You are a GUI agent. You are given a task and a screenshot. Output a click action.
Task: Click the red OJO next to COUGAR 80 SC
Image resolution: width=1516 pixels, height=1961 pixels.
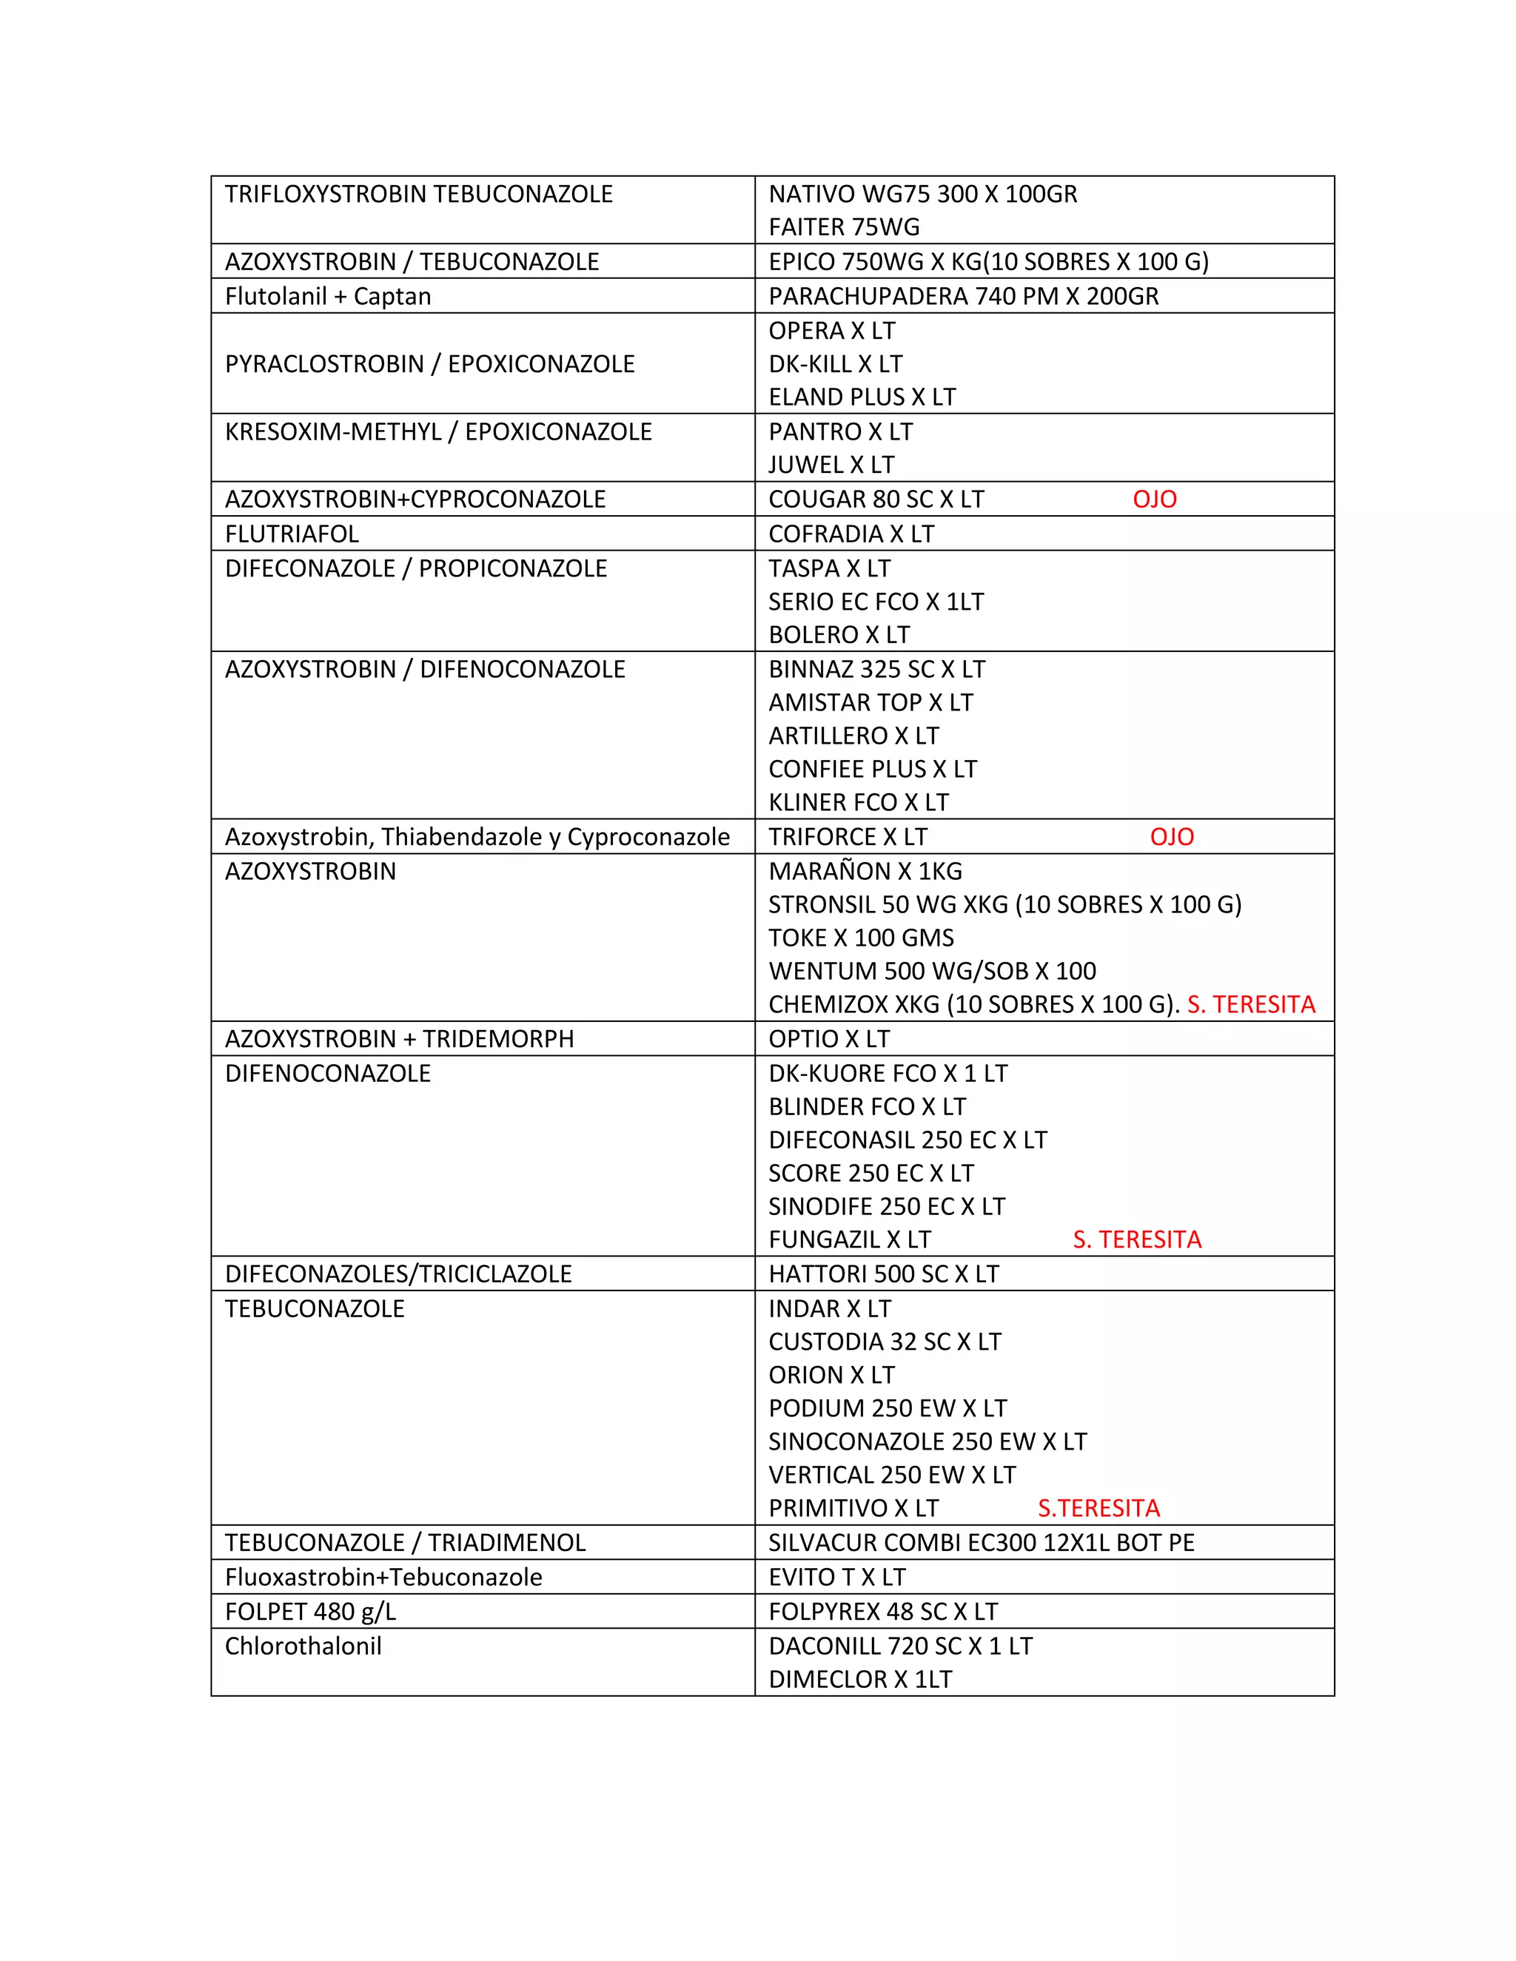click(1154, 499)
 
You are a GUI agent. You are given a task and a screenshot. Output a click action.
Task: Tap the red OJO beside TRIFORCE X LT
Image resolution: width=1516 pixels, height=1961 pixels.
click(1171, 837)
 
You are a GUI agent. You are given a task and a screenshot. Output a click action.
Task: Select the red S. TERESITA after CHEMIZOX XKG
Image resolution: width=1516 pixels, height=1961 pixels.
click(1250, 1005)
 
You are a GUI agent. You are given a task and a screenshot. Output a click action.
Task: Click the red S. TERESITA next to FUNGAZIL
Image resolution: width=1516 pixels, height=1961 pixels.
click(1136, 1240)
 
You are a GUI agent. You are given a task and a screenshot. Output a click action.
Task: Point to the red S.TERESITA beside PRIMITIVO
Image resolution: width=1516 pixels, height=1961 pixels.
click(1099, 1508)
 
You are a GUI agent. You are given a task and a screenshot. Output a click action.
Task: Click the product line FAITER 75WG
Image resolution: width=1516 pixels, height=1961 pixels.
click(843, 227)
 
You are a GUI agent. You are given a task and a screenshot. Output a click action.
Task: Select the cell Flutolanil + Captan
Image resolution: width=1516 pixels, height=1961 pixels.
click(328, 296)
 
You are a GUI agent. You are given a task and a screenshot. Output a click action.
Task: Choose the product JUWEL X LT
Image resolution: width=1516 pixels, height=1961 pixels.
click(831, 465)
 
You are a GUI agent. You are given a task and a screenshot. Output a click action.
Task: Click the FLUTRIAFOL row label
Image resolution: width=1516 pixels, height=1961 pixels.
click(292, 534)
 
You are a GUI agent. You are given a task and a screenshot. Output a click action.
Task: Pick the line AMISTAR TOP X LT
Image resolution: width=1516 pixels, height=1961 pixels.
click(871, 703)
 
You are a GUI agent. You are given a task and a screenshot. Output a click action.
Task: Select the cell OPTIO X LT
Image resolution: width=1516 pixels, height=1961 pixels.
click(828, 1040)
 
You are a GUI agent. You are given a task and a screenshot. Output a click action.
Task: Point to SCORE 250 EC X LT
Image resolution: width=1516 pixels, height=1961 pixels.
click(871, 1174)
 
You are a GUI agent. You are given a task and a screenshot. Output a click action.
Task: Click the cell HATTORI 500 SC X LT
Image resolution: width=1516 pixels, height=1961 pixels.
click(883, 1274)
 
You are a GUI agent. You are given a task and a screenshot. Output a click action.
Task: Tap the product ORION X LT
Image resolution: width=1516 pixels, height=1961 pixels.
click(831, 1376)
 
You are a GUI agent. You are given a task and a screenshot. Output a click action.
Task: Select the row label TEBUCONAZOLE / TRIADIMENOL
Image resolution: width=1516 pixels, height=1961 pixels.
click(405, 1544)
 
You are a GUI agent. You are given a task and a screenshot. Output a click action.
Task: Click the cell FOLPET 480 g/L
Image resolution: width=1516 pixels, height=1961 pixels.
click(310, 1612)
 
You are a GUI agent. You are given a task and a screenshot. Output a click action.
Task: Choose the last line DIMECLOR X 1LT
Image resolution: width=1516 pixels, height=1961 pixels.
click(859, 1680)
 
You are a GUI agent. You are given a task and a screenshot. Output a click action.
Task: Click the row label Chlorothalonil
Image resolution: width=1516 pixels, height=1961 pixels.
click(303, 1646)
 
